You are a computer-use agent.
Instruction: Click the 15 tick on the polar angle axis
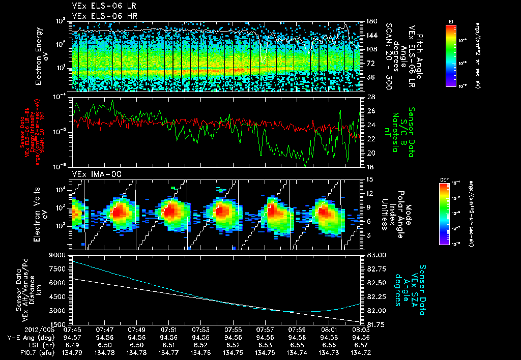click(x=369, y=179)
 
